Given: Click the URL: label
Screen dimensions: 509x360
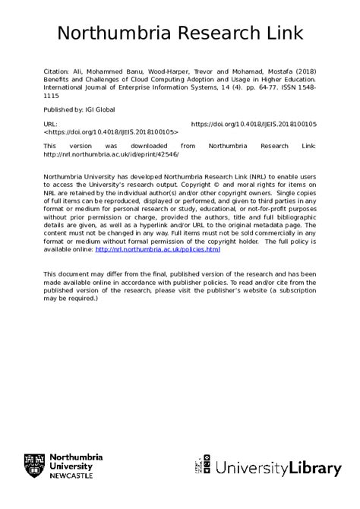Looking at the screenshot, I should tap(50, 123).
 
